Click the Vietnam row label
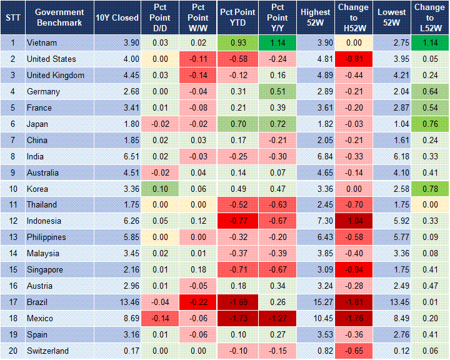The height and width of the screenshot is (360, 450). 42,43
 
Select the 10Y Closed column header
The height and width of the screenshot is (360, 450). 117,17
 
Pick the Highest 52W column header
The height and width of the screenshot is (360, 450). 315,17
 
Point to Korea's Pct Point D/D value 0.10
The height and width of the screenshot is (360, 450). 158,189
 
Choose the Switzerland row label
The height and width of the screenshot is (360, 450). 47,351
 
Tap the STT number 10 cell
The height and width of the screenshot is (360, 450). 12,189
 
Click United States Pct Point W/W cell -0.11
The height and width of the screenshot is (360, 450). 197,59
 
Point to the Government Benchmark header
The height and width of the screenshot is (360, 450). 60,17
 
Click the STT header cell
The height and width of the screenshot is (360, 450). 12,17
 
